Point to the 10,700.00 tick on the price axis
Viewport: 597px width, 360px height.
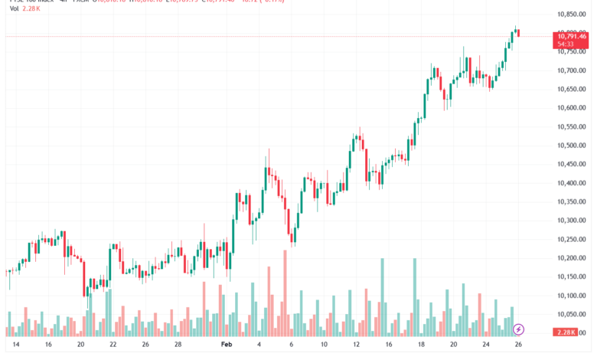[572, 70]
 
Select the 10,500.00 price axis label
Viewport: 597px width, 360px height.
[572, 146]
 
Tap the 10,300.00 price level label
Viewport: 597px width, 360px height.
[572, 221]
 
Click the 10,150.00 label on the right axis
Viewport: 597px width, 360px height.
[572, 277]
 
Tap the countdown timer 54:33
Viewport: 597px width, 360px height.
[566, 44]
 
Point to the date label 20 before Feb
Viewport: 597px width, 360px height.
[80, 345]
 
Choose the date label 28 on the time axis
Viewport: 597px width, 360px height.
[177, 345]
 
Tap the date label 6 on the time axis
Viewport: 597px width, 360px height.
[292, 345]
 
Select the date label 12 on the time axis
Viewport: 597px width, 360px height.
[357, 345]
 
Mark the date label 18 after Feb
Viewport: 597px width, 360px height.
[420, 345]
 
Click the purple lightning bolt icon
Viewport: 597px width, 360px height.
[520, 329]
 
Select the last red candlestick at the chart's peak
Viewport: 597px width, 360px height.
[518, 31]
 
